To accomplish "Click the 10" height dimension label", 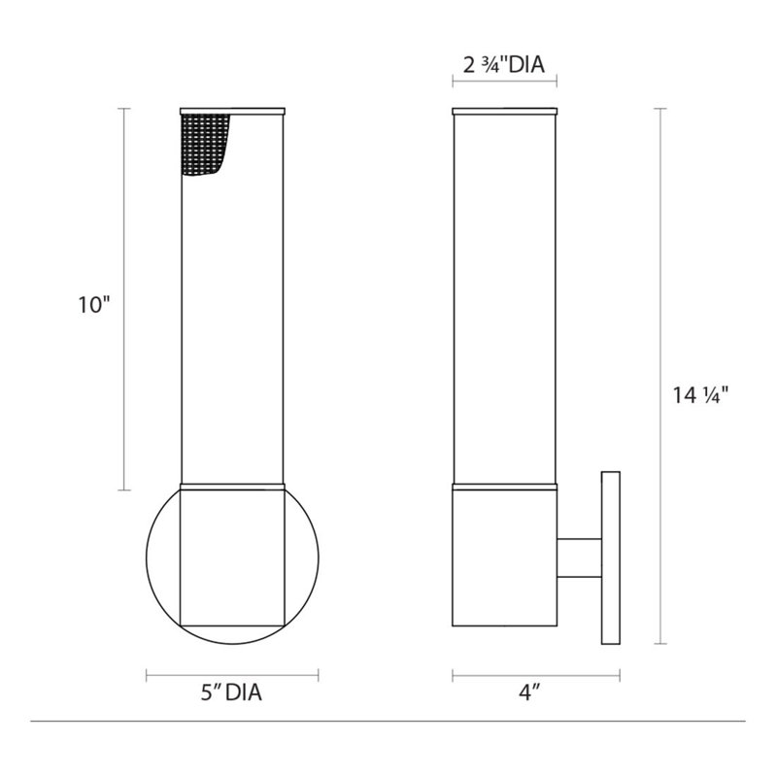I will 96,305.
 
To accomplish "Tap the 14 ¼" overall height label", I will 699,394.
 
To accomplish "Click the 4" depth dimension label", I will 529,695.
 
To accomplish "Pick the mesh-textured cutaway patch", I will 206,144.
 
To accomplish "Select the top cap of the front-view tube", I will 233,107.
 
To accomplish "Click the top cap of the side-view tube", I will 504,107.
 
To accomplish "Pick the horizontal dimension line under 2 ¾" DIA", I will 504,84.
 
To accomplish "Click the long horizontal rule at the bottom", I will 388,721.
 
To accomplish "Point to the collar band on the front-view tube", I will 233,484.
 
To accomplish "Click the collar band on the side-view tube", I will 504,484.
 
